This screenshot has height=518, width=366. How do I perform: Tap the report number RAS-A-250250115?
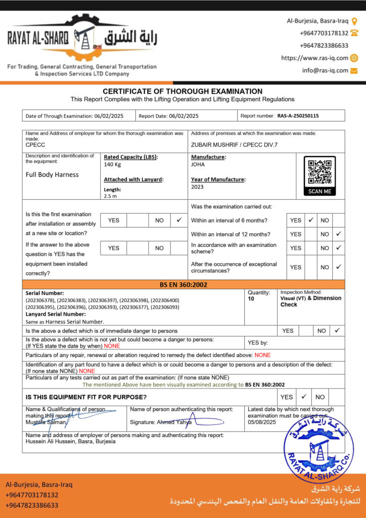298,116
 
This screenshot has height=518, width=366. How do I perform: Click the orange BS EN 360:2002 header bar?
183,285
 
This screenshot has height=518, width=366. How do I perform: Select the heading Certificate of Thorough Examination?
182,91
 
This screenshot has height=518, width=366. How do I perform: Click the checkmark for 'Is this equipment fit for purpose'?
304,397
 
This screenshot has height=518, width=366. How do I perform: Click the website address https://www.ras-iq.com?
314,58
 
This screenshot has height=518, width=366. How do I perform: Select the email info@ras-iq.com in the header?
325,70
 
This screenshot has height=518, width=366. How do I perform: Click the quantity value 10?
251,299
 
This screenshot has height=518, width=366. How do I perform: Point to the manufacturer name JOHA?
198,164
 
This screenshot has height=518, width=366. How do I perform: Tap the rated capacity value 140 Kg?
112,164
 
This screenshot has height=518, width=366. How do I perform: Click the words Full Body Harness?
52,175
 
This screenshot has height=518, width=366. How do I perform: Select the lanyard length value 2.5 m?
110,196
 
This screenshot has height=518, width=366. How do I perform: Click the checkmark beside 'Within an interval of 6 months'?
311,220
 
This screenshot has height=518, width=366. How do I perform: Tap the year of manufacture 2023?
197,187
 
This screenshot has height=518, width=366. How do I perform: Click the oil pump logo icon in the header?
83,37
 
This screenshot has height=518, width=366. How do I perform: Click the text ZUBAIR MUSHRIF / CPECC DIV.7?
234,145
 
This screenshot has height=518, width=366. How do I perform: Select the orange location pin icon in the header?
354,21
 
